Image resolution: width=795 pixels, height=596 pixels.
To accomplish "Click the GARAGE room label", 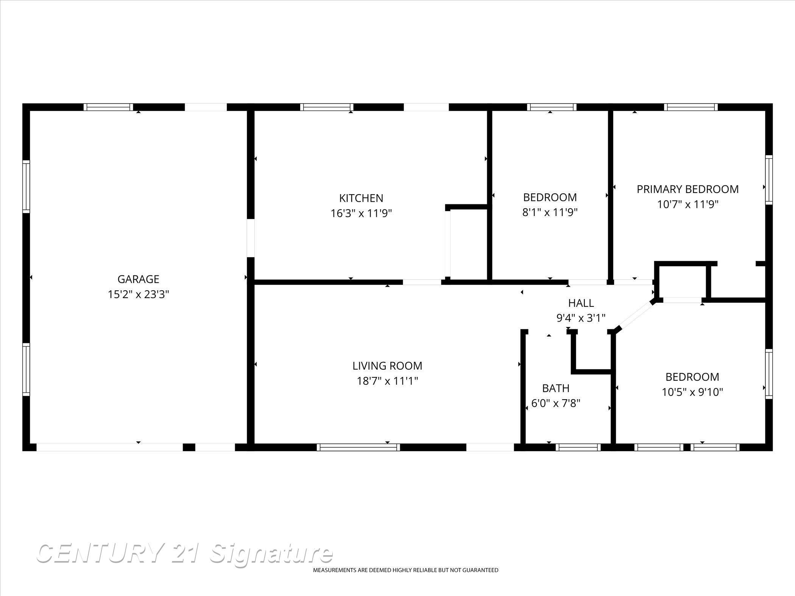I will (138, 279).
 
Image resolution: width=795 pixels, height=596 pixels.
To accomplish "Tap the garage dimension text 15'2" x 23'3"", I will (138, 294).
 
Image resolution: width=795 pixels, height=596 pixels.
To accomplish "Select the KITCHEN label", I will (361, 198).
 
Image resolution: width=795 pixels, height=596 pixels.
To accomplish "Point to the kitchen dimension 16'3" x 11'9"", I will (361, 213).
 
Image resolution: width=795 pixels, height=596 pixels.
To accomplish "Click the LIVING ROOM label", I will (387, 366).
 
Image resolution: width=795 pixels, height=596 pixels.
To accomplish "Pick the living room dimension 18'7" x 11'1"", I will (387, 381).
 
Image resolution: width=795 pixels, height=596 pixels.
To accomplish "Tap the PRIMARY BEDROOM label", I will (687, 189).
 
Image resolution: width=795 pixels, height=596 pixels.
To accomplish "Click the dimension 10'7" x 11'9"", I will (687, 205).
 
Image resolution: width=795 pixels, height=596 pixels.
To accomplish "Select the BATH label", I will (555, 388).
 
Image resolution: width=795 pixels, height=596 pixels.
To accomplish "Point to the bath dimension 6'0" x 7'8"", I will (555, 403).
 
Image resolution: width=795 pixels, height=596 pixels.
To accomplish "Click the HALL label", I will (581, 303).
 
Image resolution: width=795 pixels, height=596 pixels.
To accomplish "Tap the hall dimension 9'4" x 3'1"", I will (581, 318).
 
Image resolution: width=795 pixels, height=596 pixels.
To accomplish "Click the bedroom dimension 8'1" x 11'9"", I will (550, 213).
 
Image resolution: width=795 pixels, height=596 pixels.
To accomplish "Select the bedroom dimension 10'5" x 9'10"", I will (692, 392).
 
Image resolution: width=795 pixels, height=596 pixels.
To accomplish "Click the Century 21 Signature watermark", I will (184, 554).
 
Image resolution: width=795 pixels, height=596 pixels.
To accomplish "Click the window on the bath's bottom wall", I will (578, 447).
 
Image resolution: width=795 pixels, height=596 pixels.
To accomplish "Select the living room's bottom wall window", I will (358, 447).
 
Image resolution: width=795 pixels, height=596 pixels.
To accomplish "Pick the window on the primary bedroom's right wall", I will (768, 180).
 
